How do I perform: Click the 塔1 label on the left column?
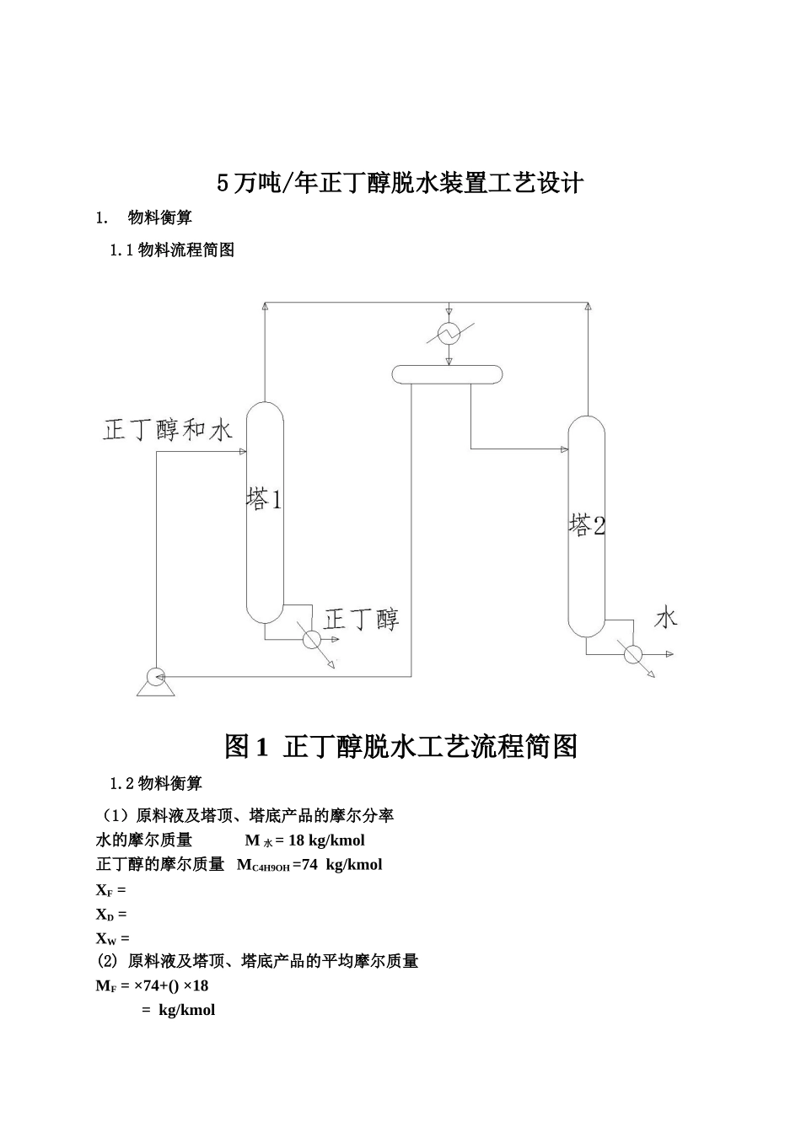coord(264,499)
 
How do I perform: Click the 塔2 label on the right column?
coord(587,525)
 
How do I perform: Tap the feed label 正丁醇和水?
coord(168,430)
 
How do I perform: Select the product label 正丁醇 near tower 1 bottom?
coord(361,620)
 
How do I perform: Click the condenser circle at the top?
coord(449,334)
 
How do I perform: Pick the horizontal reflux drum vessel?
coord(447,373)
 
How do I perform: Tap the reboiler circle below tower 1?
coord(311,640)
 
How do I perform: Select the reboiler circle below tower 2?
coord(632,653)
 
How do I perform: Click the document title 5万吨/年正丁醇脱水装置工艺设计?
coord(400,183)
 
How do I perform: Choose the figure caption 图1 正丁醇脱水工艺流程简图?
coord(400,746)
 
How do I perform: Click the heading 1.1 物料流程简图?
coord(172,250)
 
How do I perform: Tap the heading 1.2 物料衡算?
coord(156,784)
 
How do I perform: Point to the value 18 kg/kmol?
coord(326,840)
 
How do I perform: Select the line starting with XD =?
coord(111,914)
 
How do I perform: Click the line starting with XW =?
coord(113,937)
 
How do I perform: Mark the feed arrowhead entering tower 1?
coord(241,452)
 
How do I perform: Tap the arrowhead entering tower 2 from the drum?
coord(563,449)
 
